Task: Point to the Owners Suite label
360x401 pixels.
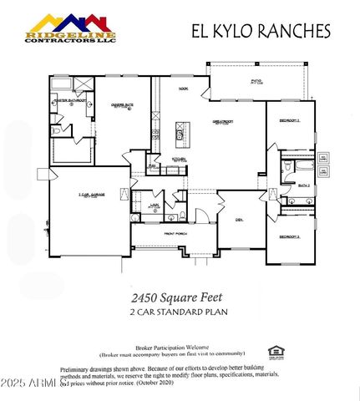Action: pos(124,105)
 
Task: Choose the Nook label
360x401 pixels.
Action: pos(183,89)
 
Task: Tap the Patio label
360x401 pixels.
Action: pos(256,82)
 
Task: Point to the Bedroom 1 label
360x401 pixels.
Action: pos(289,121)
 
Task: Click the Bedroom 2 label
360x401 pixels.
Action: pos(289,237)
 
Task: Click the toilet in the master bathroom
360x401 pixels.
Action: pos(55,131)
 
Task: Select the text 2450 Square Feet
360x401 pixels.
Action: pos(180,296)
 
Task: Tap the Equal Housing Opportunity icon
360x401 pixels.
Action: pos(273,352)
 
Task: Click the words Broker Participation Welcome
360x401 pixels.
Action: pos(170,346)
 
